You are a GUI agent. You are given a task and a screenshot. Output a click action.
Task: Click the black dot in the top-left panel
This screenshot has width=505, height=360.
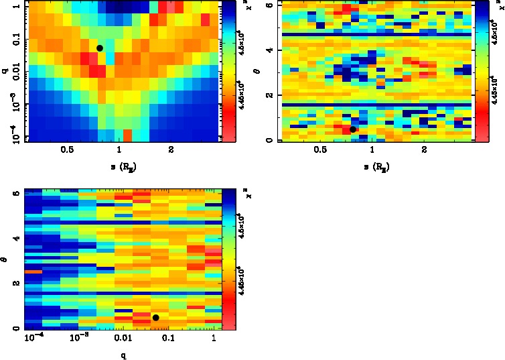tap(100, 48)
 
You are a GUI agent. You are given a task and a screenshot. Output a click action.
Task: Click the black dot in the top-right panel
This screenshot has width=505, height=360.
tap(353, 129)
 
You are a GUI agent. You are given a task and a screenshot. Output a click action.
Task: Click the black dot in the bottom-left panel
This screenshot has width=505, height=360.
tap(155, 317)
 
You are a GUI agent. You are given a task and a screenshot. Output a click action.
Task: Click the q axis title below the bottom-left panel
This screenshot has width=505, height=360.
tap(123, 356)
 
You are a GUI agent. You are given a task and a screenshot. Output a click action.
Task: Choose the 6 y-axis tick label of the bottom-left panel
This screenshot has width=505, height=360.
tap(15, 193)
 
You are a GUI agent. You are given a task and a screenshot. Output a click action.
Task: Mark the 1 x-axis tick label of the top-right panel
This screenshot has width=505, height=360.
tap(372, 150)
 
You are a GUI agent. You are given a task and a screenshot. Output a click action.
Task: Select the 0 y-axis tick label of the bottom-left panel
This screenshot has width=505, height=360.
tap(15, 328)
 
